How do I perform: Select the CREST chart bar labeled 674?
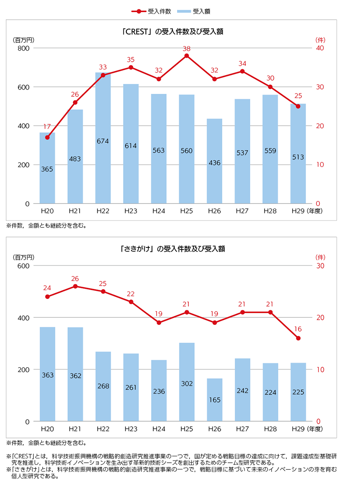click(x=103, y=138)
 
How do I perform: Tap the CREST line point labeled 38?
click(x=187, y=56)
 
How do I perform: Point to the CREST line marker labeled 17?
click(x=47, y=137)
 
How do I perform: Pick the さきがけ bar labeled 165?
click(x=214, y=400)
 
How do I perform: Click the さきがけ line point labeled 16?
click(x=298, y=338)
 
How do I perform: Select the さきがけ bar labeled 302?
click(x=187, y=382)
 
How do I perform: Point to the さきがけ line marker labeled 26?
click(x=75, y=286)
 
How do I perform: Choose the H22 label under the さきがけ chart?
click(x=103, y=429)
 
